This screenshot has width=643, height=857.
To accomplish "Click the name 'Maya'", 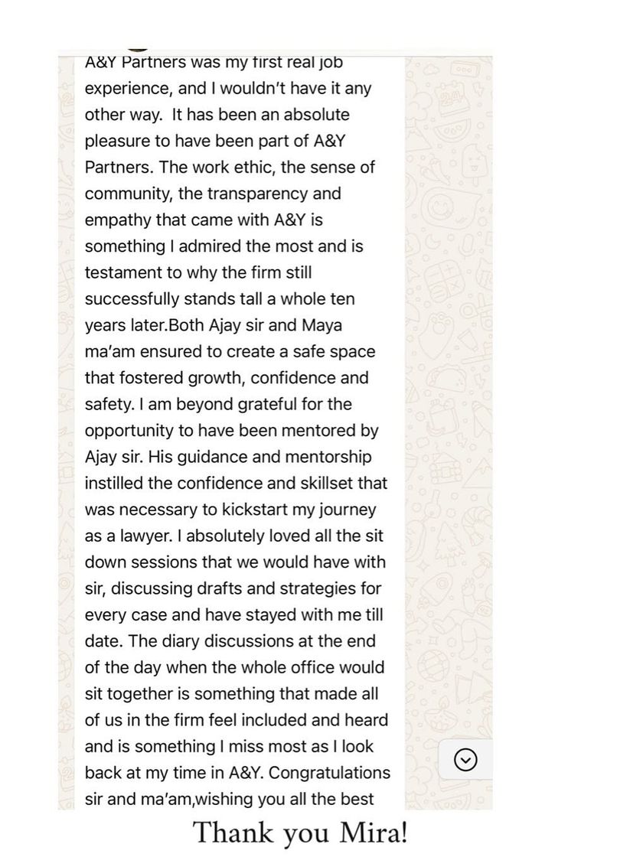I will coord(321,325).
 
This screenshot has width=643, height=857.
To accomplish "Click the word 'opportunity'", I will coord(131,431).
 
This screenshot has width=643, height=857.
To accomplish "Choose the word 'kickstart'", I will coord(257,510).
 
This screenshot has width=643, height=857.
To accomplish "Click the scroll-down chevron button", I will coord(465,759).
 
